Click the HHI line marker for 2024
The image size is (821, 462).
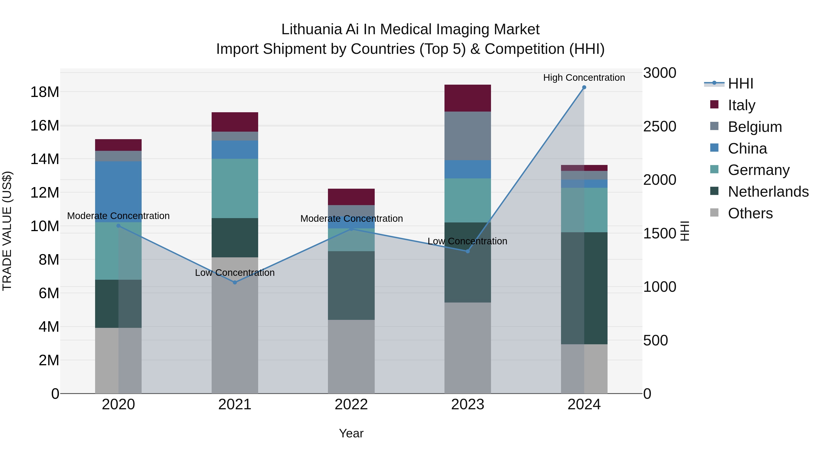pyautogui.click(x=584, y=87)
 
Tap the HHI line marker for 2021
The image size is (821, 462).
pyautogui.click(x=235, y=282)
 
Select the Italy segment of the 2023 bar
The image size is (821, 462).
pyautogui.click(x=468, y=98)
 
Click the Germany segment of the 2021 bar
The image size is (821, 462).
pyautogui.click(x=235, y=188)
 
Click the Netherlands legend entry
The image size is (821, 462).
pyautogui.click(x=768, y=192)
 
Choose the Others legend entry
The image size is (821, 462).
pyautogui.click(x=750, y=213)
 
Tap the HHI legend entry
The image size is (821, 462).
pyautogui.click(x=740, y=84)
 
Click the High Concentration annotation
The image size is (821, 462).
pyautogui.click(x=584, y=78)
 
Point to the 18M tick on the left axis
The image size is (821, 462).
pyautogui.click(x=45, y=92)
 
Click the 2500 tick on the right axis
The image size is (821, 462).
pyautogui.click(x=659, y=127)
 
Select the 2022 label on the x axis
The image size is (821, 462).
pyautogui.click(x=351, y=405)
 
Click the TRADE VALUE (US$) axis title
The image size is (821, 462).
pyautogui.click(x=7, y=231)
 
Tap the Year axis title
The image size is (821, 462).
pyautogui.click(x=351, y=433)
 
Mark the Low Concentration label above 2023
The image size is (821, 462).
pyautogui.click(x=467, y=241)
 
